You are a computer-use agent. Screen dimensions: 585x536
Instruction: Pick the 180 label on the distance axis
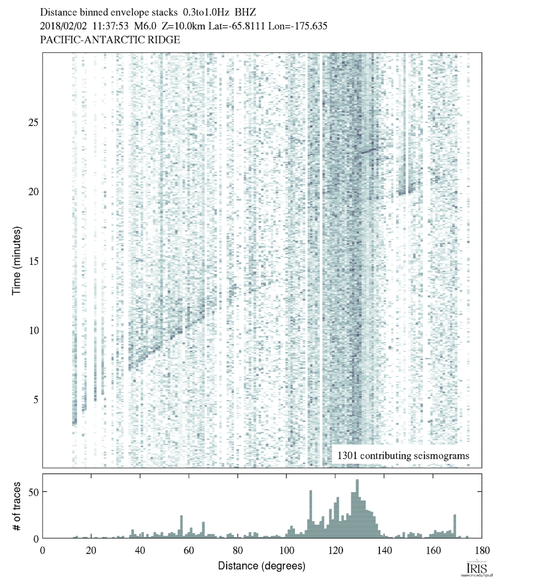[x=482, y=550]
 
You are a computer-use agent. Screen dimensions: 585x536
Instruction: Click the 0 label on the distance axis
[x=43, y=550]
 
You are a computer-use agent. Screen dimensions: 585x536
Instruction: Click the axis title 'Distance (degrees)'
[x=261, y=566]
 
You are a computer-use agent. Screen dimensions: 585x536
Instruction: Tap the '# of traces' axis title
[x=17, y=506]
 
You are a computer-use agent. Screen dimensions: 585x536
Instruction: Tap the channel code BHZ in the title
[x=246, y=11]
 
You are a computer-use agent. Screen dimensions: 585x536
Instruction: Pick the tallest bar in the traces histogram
[x=357, y=508]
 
